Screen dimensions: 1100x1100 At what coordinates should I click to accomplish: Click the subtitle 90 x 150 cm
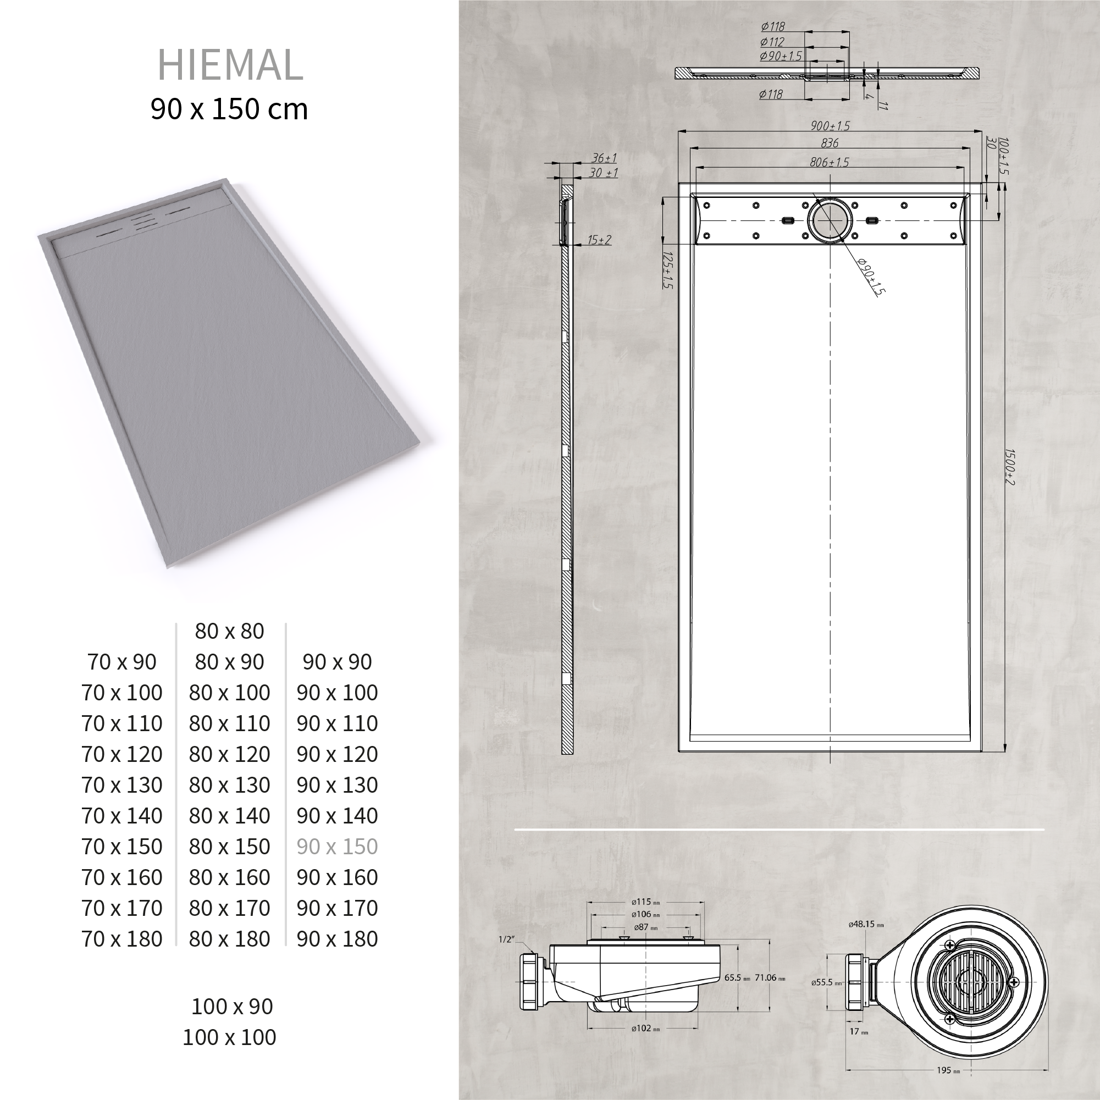pos(229,109)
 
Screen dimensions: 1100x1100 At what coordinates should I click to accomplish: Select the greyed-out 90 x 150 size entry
pos(337,847)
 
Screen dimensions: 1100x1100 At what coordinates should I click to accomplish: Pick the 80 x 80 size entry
pos(229,631)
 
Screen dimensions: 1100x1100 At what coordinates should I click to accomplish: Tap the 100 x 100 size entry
pos(229,1037)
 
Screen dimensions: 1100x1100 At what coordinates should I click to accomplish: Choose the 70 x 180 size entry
pos(122,939)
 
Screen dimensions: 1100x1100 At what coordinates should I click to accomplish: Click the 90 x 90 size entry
pos(337,662)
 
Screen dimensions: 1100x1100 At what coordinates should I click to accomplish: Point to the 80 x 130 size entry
pos(229,785)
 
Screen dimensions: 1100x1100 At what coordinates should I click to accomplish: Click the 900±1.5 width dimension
pos(830,126)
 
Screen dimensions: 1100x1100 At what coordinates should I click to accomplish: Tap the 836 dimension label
pos(830,143)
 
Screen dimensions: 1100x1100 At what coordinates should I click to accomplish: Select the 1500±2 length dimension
pos(1009,467)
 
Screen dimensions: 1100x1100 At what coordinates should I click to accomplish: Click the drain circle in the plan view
pos(830,220)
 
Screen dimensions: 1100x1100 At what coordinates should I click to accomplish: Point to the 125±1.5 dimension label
pos(668,270)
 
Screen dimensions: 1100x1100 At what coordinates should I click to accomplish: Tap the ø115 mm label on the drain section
pos(645,902)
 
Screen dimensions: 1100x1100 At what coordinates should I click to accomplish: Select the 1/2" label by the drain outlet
pos(506,939)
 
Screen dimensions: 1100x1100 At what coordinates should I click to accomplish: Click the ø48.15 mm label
pos(866,925)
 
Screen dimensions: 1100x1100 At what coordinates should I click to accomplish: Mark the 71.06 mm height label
pos(770,977)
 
